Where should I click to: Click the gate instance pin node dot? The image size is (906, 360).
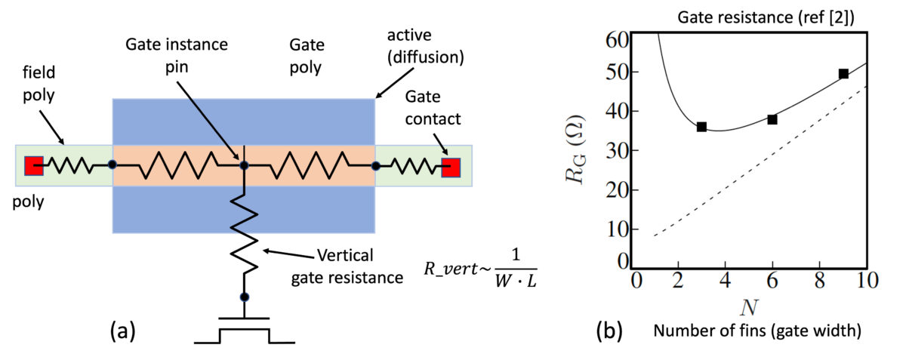[x=244, y=164]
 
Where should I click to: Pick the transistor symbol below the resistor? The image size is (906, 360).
[x=244, y=331]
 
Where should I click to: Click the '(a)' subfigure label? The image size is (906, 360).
[x=123, y=330]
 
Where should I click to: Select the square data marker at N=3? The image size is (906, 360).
[x=701, y=127]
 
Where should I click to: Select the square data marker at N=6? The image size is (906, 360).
[x=772, y=119]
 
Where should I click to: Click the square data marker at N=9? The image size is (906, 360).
[x=843, y=74]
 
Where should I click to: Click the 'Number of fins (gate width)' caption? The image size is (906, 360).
[x=758, y=331]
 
